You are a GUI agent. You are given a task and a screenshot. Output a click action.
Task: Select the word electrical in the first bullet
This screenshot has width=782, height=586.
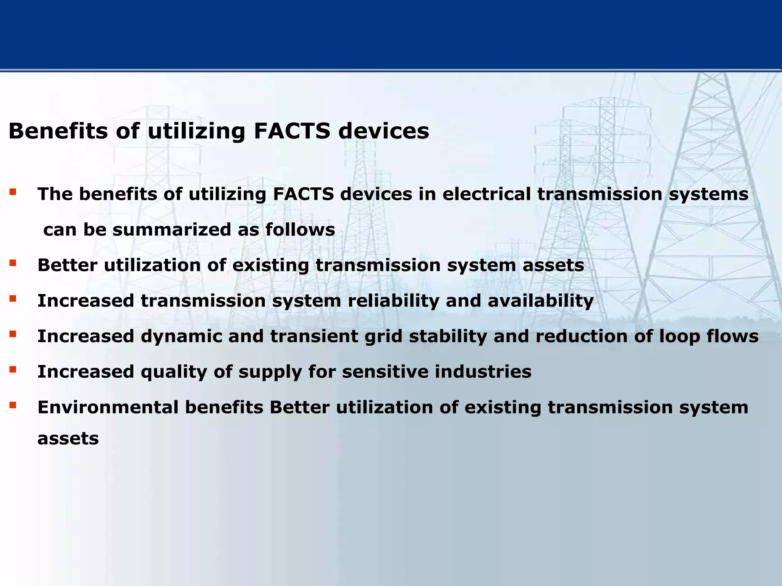click(486, 194)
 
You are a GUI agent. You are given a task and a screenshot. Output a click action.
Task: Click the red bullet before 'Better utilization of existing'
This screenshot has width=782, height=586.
click(13, 263)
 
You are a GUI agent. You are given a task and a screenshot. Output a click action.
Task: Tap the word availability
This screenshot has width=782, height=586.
click(540, 301)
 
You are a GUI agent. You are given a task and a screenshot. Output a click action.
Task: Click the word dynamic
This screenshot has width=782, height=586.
click(181, 336)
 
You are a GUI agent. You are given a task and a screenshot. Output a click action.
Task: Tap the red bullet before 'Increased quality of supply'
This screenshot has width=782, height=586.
click(13, 369)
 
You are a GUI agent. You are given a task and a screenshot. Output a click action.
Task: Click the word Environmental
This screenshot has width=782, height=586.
click(108, 407)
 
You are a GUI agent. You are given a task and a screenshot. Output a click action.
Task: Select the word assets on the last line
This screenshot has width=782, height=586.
click(68, 439)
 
